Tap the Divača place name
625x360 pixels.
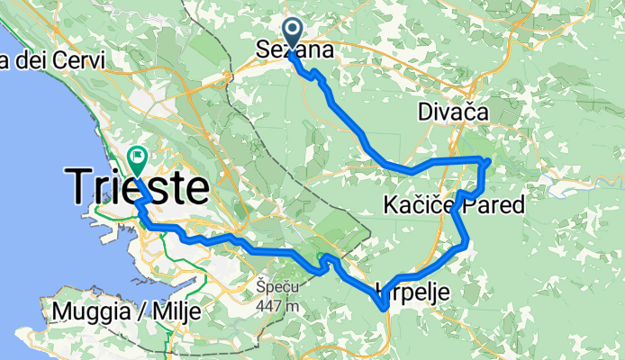(453, 112)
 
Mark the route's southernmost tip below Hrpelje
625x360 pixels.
(385, 309)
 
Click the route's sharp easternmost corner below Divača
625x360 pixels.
(487, 161)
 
